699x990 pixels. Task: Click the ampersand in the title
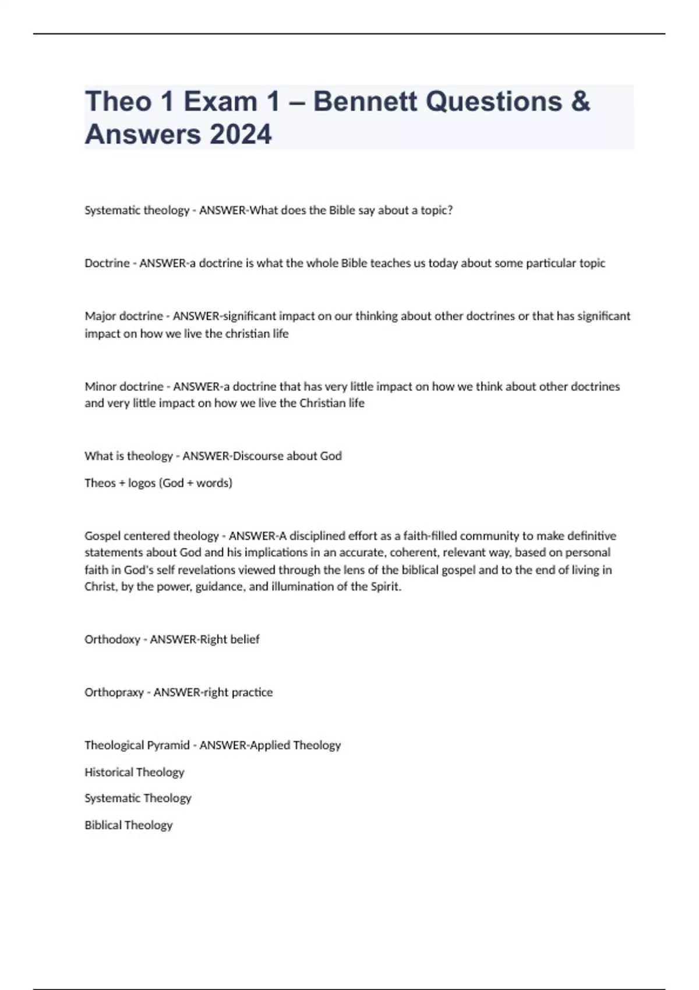coord(580,102)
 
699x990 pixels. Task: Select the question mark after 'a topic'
coord(450,210)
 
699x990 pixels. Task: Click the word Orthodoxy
coord(112,639)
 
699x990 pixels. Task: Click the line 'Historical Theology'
coord(134,772)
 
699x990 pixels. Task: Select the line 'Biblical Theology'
coord(128,825)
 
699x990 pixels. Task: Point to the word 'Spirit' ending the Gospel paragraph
coord(385,586)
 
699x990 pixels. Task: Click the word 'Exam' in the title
coord(220,102)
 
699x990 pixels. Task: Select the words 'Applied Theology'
coord(295,745)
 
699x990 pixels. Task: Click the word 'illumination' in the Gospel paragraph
coord(304,586)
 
